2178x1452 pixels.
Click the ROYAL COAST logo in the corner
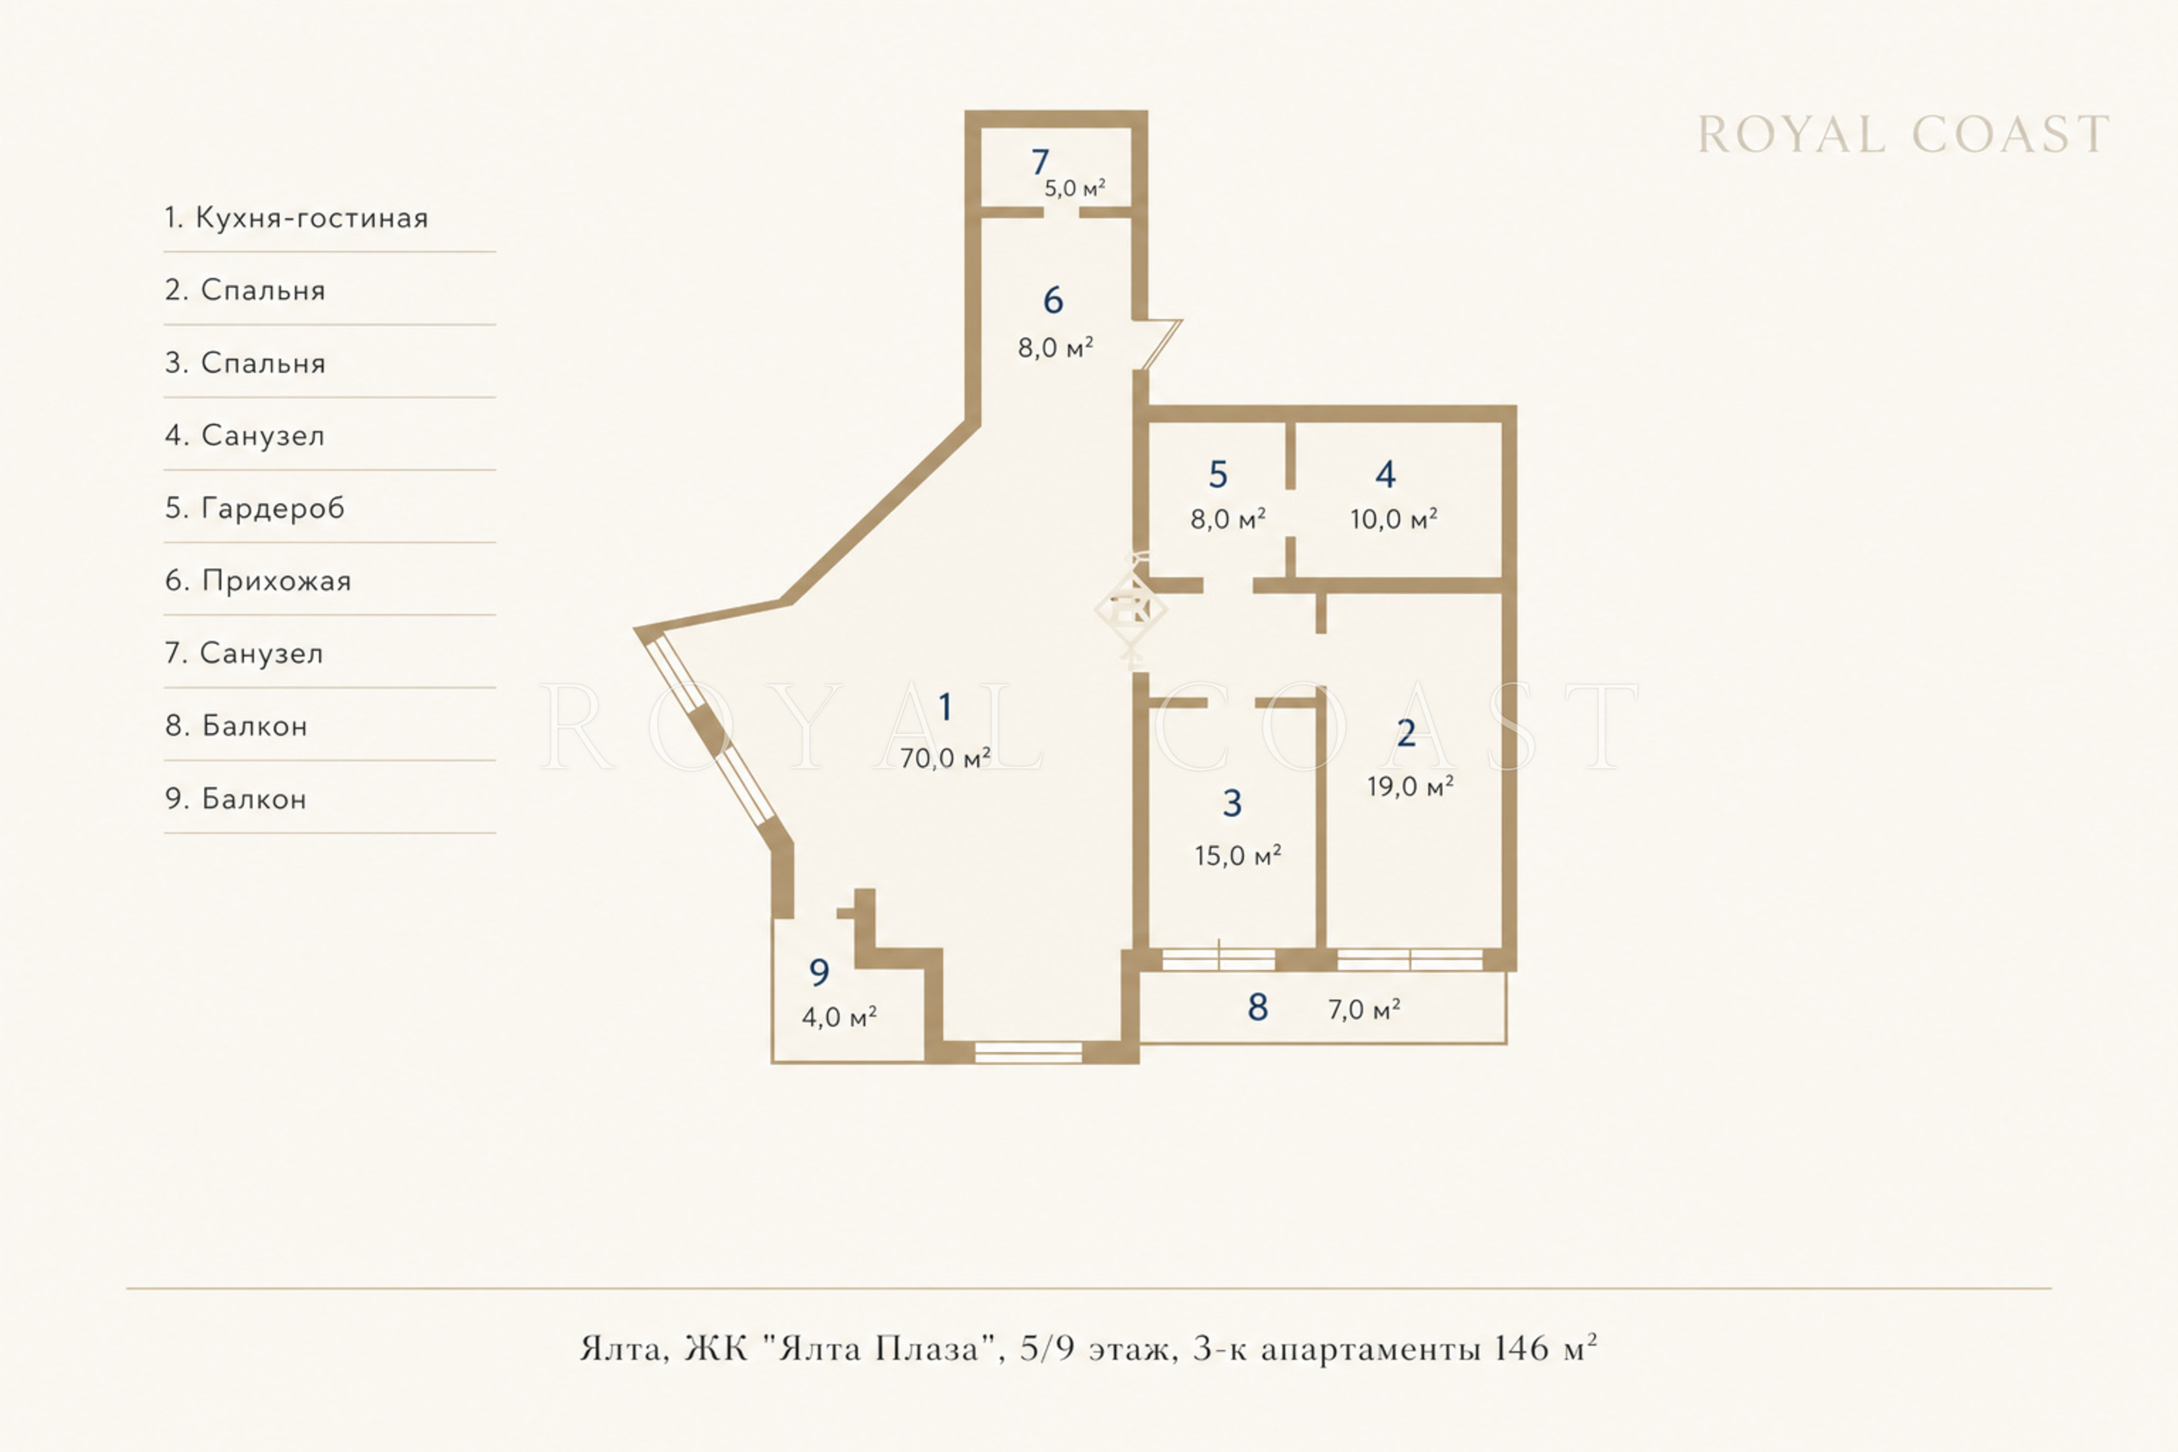pos(1903,135)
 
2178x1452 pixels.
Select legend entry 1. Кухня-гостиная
pos(296,218)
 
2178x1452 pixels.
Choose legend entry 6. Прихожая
pos(258,580)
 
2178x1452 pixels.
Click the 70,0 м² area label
pos(945,758)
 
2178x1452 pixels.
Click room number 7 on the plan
pos(1040,162)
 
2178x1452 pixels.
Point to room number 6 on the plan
pos(1053,300)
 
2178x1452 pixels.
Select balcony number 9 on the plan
pos(818,972)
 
